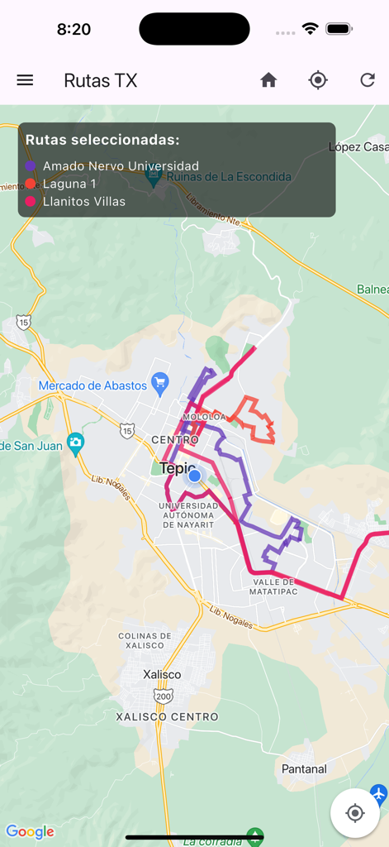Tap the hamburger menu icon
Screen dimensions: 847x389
tap(25, 80)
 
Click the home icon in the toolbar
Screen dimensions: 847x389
tap(268, 80)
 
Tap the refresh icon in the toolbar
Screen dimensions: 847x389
tap(368, 80)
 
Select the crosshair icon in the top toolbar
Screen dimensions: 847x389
tap(318, 80)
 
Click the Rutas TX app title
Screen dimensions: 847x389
tap(101, 80)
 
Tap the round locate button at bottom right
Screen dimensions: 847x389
tap(355, 813)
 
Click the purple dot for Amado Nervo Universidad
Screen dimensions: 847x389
tap(31, 166)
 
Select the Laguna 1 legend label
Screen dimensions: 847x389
tap(69, 184)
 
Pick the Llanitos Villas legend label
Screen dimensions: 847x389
tap(84, 201)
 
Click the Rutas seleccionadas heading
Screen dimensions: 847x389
tap(102, 140)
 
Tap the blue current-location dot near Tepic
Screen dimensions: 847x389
tap(194, 476)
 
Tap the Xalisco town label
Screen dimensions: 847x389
tap(162, 674)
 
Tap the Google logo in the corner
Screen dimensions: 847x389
tap(30, 831)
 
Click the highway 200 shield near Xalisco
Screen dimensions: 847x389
tap(164, 696)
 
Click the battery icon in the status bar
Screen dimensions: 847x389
tap(339, 29)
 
